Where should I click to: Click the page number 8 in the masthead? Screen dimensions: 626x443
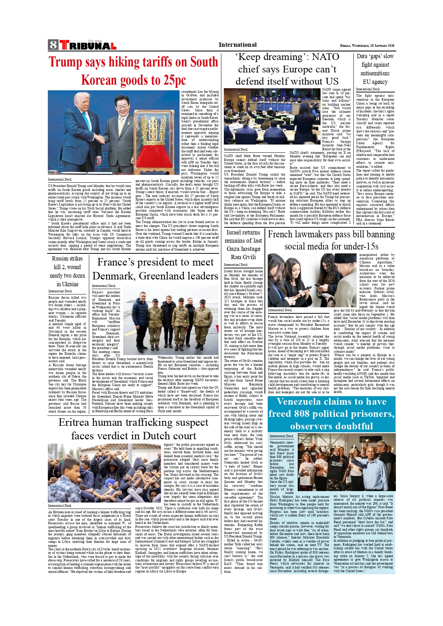coord(53,45)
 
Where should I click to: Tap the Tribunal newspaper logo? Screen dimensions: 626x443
coord(88,45)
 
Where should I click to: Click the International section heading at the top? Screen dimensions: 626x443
coord(237,45)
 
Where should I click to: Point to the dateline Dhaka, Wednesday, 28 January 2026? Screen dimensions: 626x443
coord(367,46)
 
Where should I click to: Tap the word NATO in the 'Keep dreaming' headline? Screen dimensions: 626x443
coord(325,57)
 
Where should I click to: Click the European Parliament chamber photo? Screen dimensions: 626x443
coord(272,117)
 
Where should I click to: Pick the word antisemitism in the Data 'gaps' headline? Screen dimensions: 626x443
coord(375,73)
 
